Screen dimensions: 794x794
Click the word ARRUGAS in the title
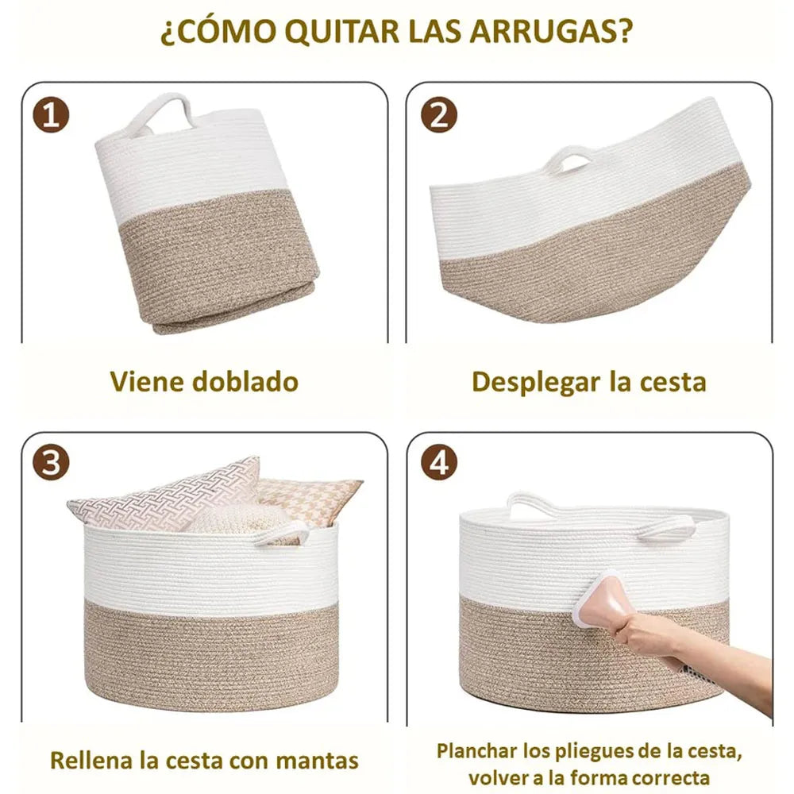(x=550, y=32)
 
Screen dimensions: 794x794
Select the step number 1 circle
(x=51, y=115)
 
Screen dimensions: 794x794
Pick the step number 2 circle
(x=439, y=115)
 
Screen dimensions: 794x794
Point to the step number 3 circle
(x=51, y=463)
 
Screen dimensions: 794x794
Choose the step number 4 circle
(x=439, y=462)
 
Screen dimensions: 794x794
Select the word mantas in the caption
(x=318, y=761)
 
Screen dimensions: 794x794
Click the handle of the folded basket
(x=160, y=113)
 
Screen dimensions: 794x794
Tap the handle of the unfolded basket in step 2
(x=569, y=158)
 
